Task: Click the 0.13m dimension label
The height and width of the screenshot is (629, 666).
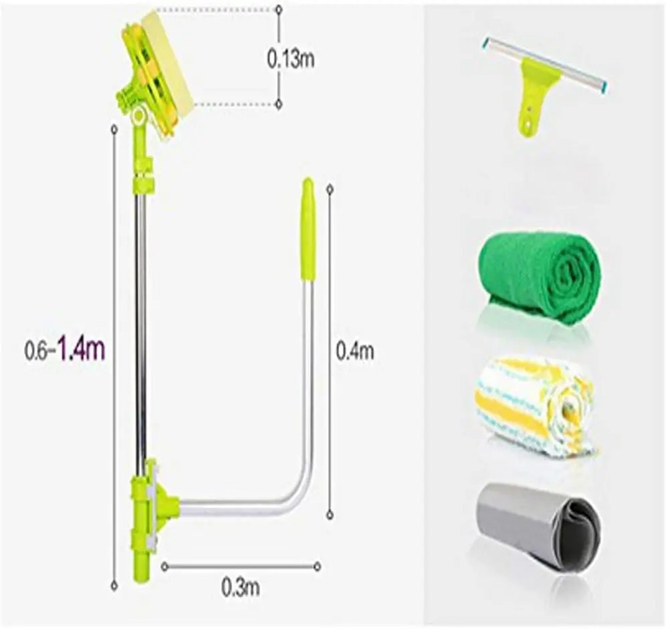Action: click(x=291, y=59)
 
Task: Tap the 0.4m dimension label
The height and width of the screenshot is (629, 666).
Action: click(x=354, y=351)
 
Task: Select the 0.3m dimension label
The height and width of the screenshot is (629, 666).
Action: click(x=240, y=588)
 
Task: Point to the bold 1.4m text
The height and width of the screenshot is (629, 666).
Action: click(x=81, y=349)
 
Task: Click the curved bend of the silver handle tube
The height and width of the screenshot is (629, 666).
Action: click(x=298, y=492)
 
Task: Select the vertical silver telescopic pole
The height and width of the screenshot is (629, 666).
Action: click(x=140, y=321)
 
